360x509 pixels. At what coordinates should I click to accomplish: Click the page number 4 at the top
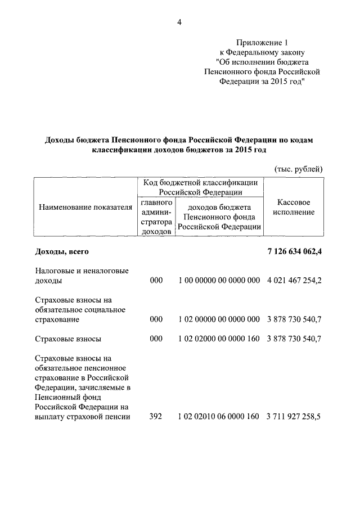(179, 22)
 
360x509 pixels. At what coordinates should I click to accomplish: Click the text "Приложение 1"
(262, 42)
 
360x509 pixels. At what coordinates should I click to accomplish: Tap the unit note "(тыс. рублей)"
(299, 168)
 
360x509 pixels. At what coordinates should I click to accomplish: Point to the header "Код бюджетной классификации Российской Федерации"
(200, 187)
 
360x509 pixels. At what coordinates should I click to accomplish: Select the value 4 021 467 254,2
(295, 280)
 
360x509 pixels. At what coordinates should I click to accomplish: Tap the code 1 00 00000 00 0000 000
(219, 280)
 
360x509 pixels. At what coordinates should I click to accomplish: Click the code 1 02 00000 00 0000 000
(219, 319)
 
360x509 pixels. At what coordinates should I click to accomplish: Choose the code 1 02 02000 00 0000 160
(219, 339)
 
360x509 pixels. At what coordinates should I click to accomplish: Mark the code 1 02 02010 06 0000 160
(219, 417)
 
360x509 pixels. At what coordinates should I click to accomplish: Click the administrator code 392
(156, 417)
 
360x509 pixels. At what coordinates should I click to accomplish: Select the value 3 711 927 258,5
(295, 417)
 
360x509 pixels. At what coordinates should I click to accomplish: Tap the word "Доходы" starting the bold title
(58, 139)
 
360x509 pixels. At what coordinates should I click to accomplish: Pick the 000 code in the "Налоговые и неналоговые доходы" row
(156, 280)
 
